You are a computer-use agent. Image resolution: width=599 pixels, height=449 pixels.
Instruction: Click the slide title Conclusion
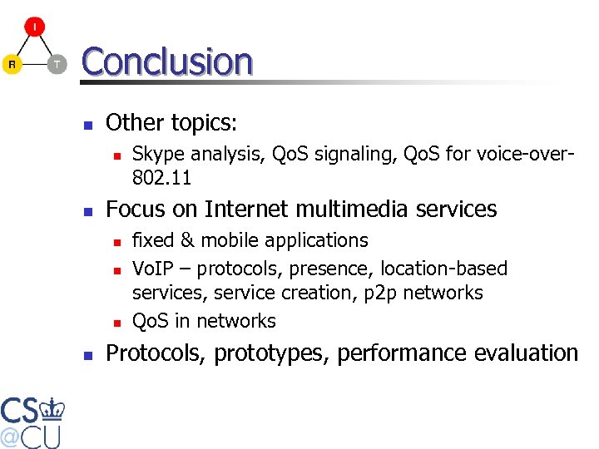(x=166, y=62)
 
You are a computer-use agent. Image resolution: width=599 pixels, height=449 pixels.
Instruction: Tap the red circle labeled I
(x=34, y=27)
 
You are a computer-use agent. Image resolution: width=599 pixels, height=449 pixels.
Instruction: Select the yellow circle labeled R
(x=12, y=64)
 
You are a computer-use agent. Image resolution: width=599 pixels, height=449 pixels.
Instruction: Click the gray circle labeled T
(x=57, y=64)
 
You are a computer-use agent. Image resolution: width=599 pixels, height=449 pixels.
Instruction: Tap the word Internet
(x=250, y=209)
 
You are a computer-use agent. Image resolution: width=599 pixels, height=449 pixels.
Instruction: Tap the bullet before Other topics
(x=87, y=125)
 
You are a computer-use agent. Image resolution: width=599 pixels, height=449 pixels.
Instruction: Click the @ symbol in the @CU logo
(x=11, y=437)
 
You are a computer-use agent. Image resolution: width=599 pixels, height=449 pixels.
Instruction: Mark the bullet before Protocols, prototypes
(x=87, y=355)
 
